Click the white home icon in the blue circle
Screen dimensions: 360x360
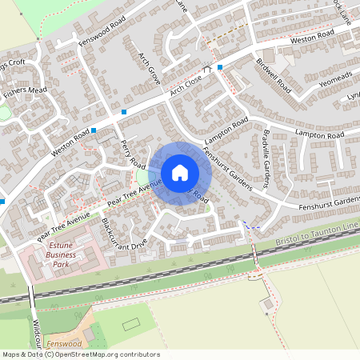pyautogui.click(x=179, y=173)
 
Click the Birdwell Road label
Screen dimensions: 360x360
pyautogui.click(x=271, y=73)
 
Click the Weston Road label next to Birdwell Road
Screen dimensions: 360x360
pyautogui.click(x=312, y=37)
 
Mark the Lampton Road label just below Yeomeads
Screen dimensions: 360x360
pyautogui.click(x=319, y=135)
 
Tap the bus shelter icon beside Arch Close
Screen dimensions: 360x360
pyautogui.click(x=207, y=70)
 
